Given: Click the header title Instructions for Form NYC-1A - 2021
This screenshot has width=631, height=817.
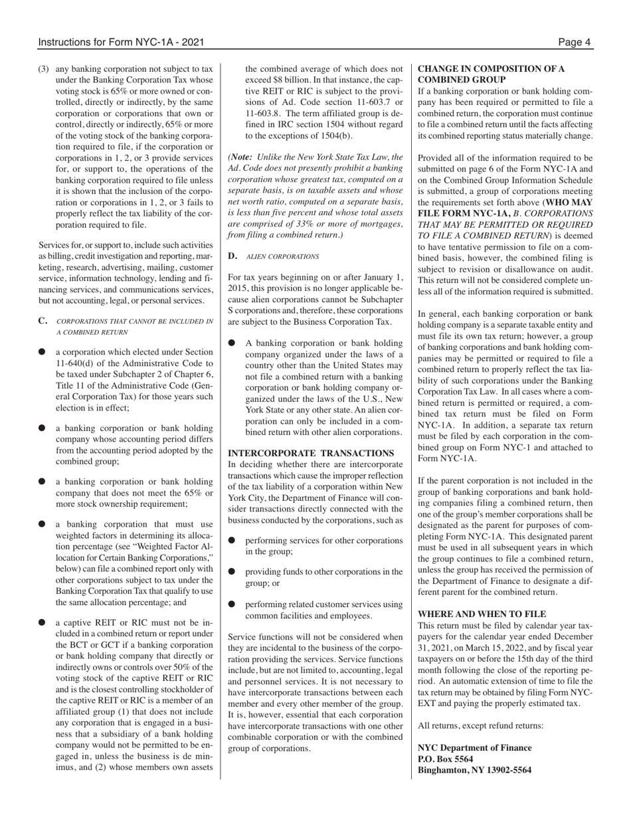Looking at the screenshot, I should tap(121, 43).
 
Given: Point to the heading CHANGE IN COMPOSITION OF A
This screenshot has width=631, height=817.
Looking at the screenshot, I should tap(491, 68).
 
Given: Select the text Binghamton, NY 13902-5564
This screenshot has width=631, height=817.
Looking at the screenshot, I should tap(474, 771).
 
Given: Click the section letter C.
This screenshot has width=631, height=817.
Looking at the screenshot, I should tap(43, 321).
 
